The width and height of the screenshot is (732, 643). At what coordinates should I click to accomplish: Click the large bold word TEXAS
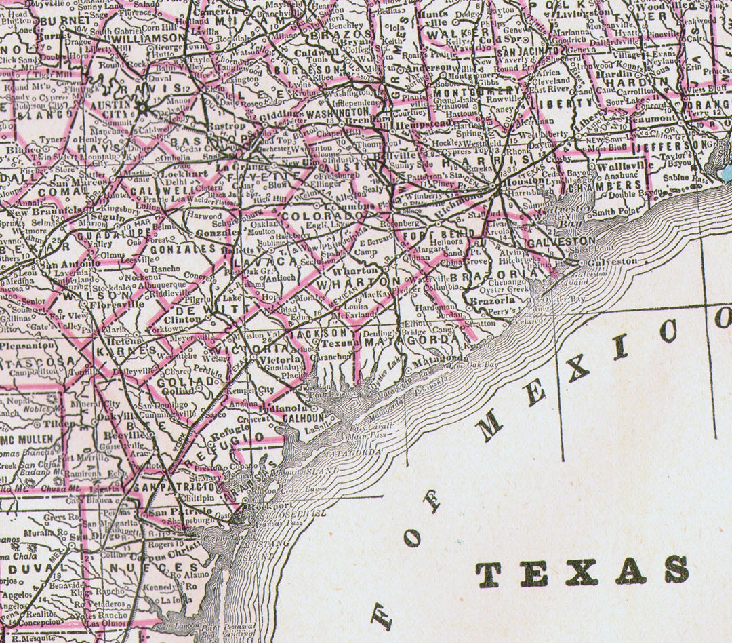pyautogui.click(x=582, y=571)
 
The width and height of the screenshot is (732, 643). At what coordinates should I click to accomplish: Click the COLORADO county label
pyautogui.click(x=313, y=216)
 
